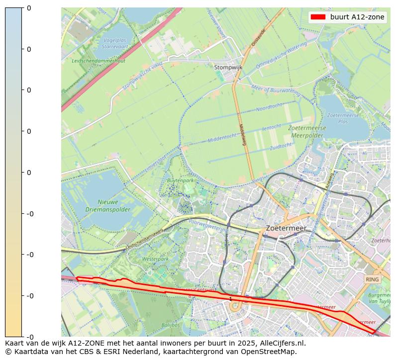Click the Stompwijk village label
click(228, 68)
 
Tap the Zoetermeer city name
click(286, 228)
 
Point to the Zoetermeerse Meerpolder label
click(307, 131)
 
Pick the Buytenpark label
click(181, 180)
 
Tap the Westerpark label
click(152, 259)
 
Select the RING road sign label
click(372, 279)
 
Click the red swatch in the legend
click(317, 17)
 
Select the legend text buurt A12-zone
click(357, 17)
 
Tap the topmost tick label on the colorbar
click(28, 8)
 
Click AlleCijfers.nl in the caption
click(282, 343)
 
